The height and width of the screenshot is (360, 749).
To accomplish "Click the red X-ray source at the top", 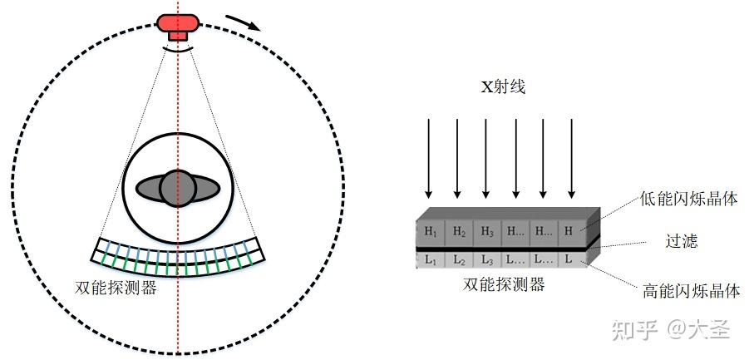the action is pyautogui.click(x=177, y=25).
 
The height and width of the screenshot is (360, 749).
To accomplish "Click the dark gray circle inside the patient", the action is pyautogui.click(x=177, y=188).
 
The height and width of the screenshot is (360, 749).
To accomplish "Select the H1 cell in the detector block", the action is pyautogui.click(x=430, y=231).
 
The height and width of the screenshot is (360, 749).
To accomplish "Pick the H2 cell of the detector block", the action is pyautogui.click(x=460, y=231).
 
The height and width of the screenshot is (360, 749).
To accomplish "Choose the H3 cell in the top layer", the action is pyautogui.click(x=488, y=231).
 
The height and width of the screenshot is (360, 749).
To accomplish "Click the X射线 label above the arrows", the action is pyautogui.click(x=502, y=86).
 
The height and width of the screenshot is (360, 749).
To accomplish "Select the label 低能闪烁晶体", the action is pyautogui.click(x=688, y=199).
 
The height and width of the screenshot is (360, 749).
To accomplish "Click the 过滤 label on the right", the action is pyautogui.click(x=681, y=242).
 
